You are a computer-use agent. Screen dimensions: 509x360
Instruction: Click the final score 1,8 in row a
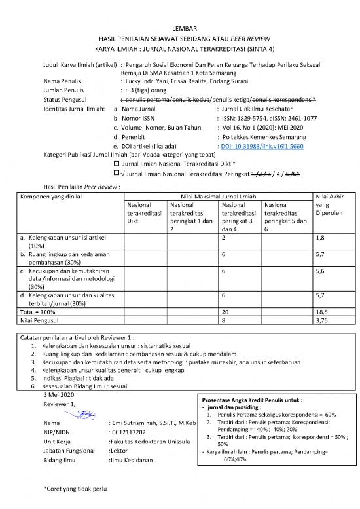pos(321,239)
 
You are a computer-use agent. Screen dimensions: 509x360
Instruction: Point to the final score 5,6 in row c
pos(321,269)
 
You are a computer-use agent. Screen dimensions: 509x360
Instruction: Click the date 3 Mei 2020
pos(58,395)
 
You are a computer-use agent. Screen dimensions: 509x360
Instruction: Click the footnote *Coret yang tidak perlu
pos(73,489)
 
